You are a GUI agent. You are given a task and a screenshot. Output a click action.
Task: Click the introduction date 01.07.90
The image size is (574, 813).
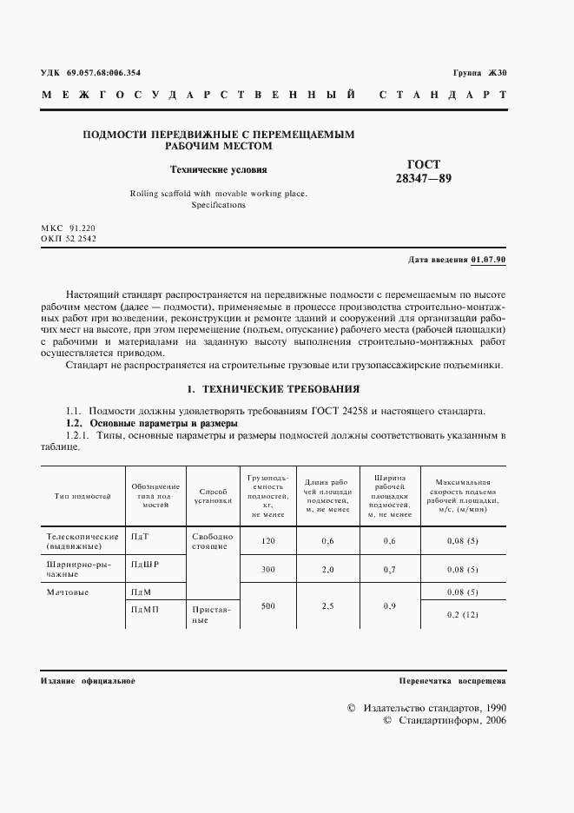(x=490, y=260)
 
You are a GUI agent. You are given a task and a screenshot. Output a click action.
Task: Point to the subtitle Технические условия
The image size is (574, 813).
(x=218, y=170)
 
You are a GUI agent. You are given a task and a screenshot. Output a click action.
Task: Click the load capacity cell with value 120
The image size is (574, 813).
(x=267, y=542)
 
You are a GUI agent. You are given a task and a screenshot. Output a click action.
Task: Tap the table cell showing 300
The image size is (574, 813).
(x=267, y=570)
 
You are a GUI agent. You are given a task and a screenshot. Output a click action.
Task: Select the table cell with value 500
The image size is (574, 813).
(x=267, y=605)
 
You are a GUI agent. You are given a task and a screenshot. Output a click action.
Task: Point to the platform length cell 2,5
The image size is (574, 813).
(x=327, y=605)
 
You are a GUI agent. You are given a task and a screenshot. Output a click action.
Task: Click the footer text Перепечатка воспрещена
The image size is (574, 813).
(x=452, y=681)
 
